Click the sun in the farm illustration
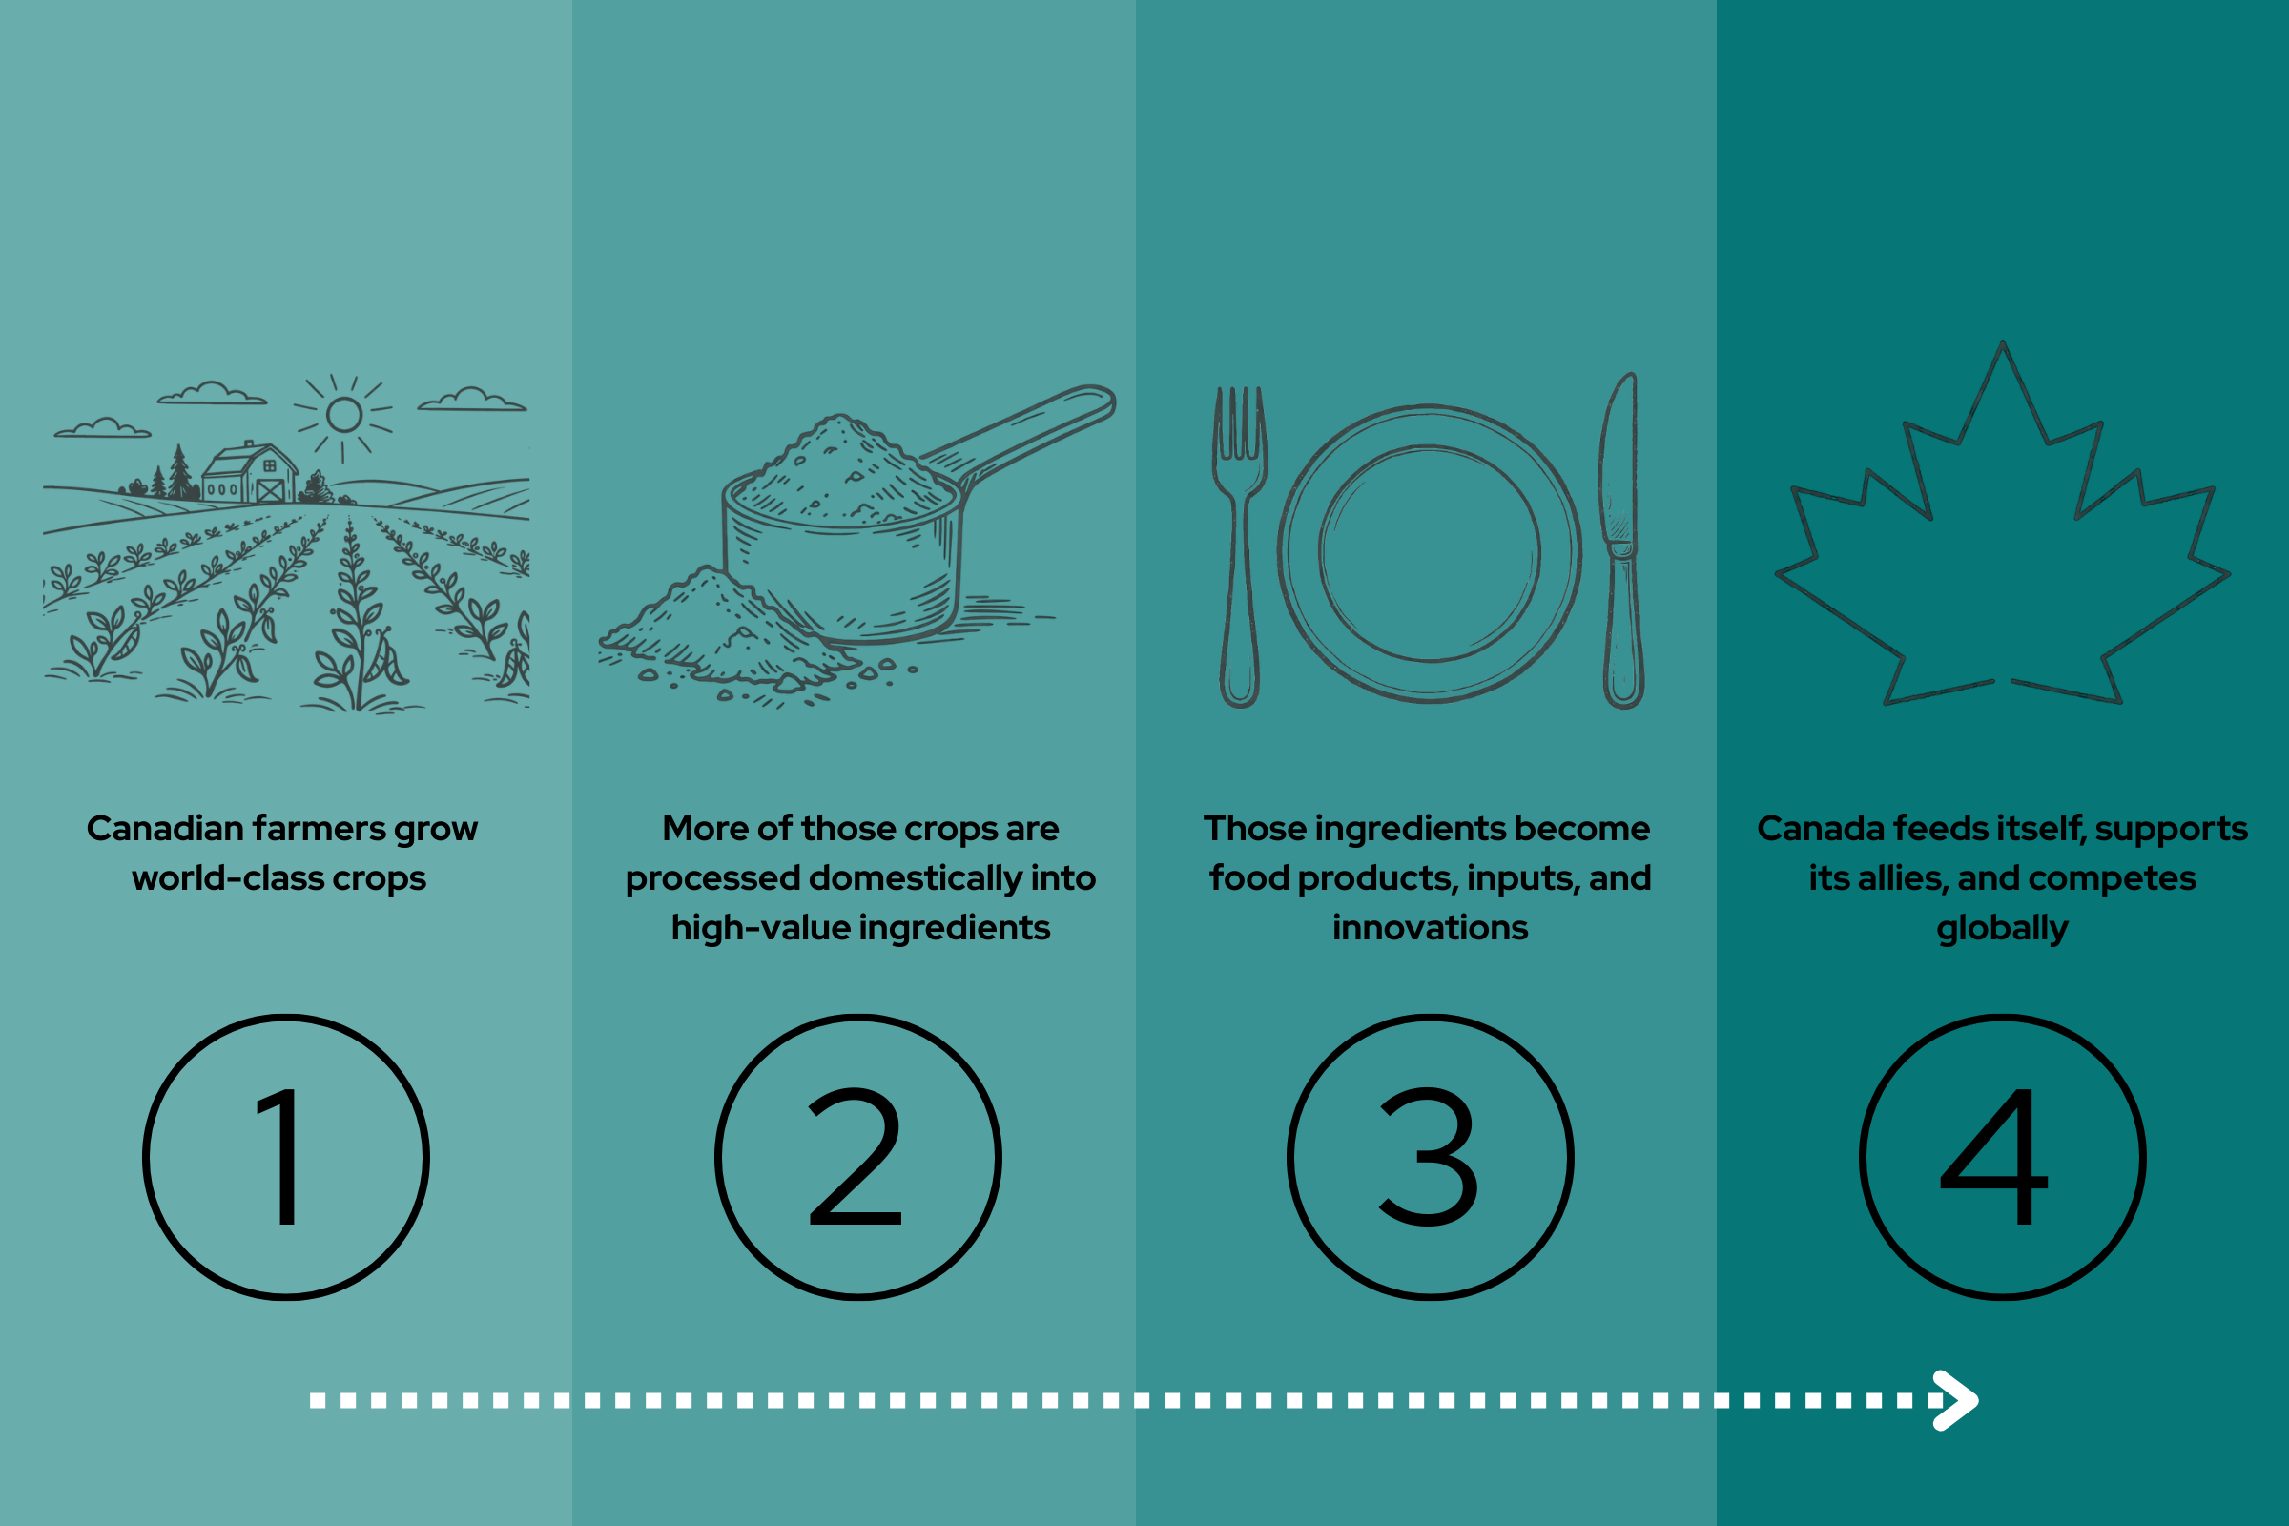click(344, 416)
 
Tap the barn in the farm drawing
click(250, 473)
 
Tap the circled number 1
click(286, 1157)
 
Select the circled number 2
click(857, 1157)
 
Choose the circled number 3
click(1430, 1157)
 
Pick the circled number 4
click(2002, 1157)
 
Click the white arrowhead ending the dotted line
click(1956, 1400)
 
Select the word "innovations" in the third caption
click(1431, 928)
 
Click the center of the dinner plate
click(1429, 553)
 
